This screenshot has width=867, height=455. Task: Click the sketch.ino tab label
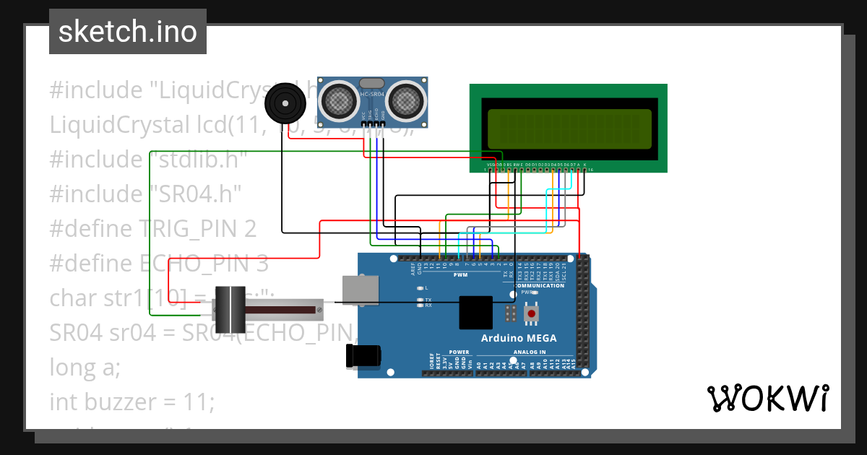point(127,32)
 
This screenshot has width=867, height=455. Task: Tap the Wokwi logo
point(767,398)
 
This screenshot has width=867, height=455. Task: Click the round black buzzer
point(285,106)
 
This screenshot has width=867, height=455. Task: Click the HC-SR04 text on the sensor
point(371,95)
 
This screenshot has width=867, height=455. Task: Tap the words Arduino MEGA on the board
point(519,338)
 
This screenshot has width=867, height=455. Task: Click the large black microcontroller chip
point(475,313)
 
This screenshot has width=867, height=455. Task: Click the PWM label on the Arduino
point(460,275)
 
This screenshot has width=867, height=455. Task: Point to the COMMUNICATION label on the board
point(539,285)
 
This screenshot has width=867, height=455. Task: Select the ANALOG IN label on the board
point(530,352)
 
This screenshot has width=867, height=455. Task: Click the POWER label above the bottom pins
point(459,352)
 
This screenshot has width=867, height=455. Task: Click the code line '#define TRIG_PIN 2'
point(153,229)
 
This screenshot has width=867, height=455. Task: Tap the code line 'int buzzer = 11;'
point(131,402)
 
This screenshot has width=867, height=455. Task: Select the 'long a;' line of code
point(85,367)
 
